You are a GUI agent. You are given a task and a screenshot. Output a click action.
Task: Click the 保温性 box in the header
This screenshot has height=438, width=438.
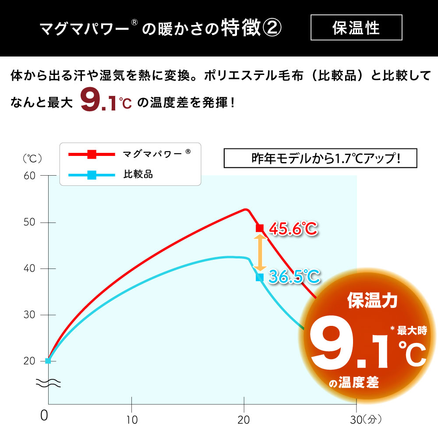356,28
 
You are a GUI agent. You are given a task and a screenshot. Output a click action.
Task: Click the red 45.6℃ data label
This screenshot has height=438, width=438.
293,228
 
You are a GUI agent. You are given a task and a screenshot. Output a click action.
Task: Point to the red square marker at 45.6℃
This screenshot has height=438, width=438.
260,228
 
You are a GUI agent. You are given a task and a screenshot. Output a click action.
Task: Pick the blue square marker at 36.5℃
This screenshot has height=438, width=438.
260,277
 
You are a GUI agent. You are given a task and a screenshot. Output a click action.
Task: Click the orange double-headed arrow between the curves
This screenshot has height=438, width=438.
260,252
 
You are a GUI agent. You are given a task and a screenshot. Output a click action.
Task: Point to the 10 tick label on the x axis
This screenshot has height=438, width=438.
131,420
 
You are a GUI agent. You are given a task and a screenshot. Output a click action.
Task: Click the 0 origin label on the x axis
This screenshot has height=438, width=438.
44,416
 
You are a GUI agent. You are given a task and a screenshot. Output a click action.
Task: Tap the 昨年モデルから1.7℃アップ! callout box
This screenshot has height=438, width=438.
320,159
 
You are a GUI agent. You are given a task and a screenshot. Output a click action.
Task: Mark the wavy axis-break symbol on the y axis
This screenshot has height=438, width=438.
48,384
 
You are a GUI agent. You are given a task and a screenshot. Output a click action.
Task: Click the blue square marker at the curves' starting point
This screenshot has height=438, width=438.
48,360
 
